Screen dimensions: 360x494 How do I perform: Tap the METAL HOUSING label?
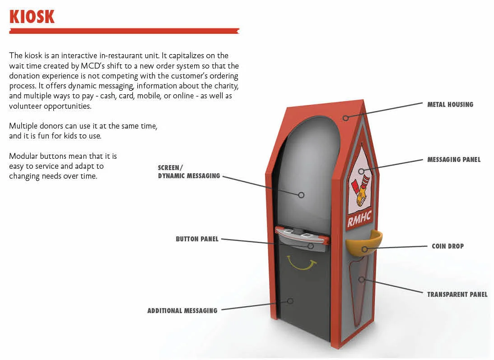[x=450, y=105]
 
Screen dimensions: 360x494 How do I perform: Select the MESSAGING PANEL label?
[x=454, y=160]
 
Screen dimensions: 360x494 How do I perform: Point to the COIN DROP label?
[x=447, y=246]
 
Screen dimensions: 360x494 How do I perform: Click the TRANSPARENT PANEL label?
[x=457, y=295]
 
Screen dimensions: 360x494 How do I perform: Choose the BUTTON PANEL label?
[x=197, y=239]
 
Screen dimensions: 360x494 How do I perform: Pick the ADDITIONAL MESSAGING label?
[x=182, y=311]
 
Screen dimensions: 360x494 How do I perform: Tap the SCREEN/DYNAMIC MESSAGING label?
[x=189, y=172]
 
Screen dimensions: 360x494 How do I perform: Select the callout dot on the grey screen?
[x=301, y=195]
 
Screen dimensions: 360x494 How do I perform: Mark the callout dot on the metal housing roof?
[x=345, y=118]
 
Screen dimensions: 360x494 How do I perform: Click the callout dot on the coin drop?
[x=364, y=249]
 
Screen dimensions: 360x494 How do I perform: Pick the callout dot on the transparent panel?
[x=361, y=280]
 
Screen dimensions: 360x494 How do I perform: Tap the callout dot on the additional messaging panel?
[x=290, y=300]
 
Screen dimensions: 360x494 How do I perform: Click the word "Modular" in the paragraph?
[x=23, y=157]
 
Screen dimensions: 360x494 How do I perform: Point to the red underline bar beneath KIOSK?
[x=124, y=31]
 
